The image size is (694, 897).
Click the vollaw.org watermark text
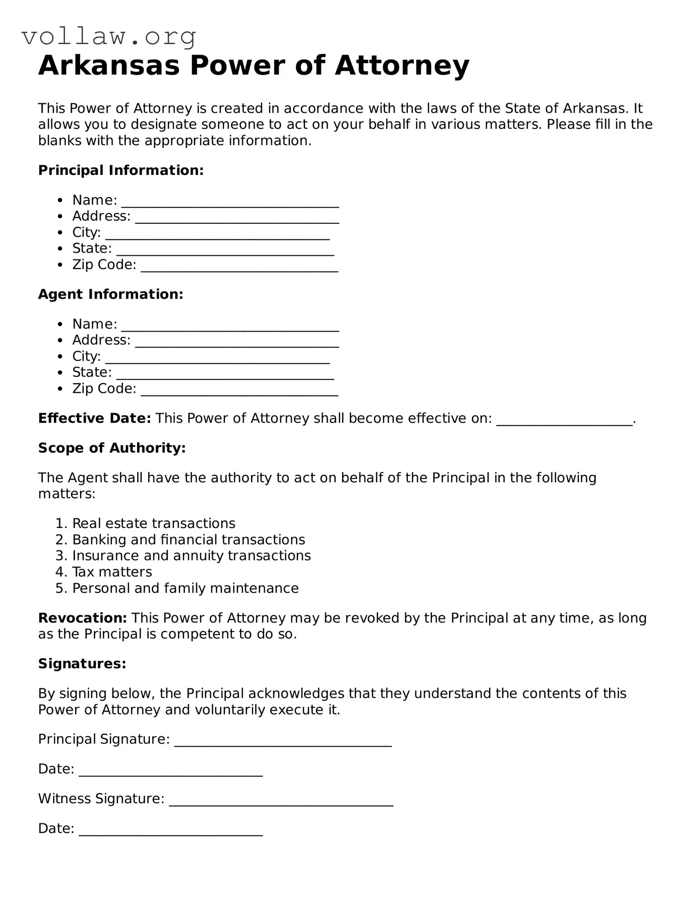coord(109,37)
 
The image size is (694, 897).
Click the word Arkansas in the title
coord(109,66)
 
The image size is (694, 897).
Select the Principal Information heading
coord(121,170)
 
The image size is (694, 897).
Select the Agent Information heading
coord(111,294)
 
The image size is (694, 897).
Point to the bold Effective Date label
coord(94,418)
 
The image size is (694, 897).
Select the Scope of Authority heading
coord(112,448)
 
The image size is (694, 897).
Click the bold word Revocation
coord(82,618)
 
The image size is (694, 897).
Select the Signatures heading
coord(82,664)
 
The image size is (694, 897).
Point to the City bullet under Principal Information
coord(86,232)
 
